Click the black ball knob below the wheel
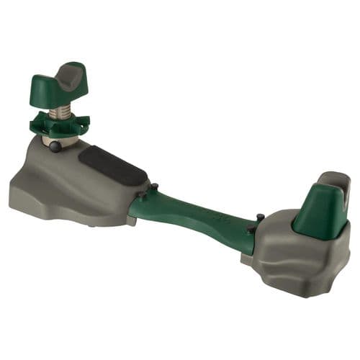[x=55, y=145]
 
